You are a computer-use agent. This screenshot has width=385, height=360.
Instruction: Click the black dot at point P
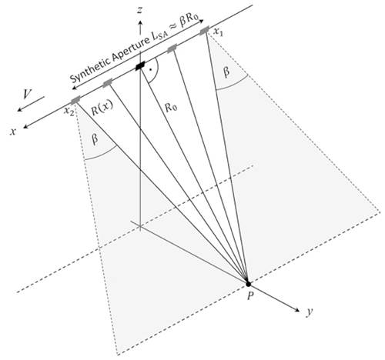pyautogui.click(x=248, y=284)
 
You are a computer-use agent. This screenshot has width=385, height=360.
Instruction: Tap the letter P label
pyautogui.click(x=250, y=296)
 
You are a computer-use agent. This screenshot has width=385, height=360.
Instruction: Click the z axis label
pyautogui.click(x=140, y=11)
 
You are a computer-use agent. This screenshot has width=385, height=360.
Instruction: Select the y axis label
pyautogui.click(x=310, y=312)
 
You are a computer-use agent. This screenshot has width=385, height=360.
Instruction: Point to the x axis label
pyautogui.click(x=12, y=132)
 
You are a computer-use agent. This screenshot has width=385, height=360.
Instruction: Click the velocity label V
pyautogui.click(x=27, y=94)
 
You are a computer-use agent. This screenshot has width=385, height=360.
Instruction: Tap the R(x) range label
pyautogui.click(x=102, y=110)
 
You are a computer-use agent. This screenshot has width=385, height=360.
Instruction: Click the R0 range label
pyautogui.click(x=171, y=108)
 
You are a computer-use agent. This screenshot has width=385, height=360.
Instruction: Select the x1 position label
pyautogui.click(x=219, y=32)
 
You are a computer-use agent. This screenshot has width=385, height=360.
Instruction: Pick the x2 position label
pyautogui.click(x=69, y=112)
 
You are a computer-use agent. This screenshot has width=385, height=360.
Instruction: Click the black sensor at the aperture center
pyautogui.click(x=140, y=65)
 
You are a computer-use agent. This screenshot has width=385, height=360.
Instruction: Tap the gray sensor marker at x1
pyautogui.click(x=204, y=30)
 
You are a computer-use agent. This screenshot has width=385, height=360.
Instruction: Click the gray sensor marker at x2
pyautogui.click(x=75, y=100)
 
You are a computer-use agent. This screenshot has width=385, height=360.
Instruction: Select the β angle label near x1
pyautogui.click(x=226, y=72)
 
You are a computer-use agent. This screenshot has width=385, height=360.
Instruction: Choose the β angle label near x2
pyautogui.click(x=95, y=140)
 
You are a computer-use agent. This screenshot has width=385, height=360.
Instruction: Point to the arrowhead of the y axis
pyautogui.click(x=296, y=310)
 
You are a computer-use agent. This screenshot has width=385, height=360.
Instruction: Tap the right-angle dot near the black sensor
pyautogui.click(x=151, y=69)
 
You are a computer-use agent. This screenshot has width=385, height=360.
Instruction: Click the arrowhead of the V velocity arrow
pyautogui.click(x=19, y=109)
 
